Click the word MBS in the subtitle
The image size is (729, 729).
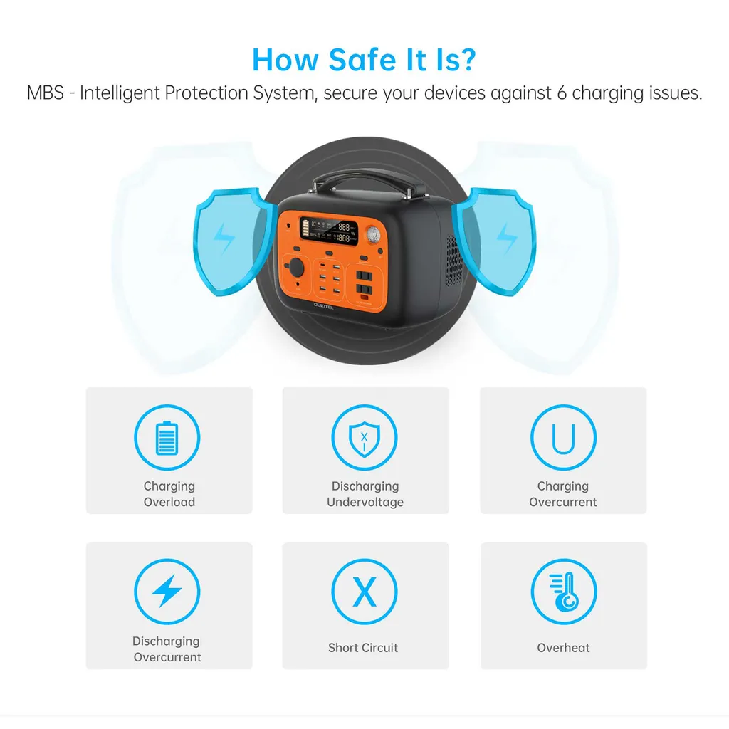tap(45, 93)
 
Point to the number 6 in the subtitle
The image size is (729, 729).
tap(562, 93)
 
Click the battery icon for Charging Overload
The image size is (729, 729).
tap(167, 438)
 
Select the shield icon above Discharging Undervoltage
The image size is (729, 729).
tap(364, 439)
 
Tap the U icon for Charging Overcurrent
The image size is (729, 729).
tap(563, 438)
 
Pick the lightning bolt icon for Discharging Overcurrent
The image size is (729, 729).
tap(167, 591)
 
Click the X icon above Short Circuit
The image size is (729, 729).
tap(364, 592)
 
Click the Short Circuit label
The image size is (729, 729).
tap(363, 648)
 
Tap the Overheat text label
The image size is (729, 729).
tap(563, 648)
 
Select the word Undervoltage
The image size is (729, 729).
tap(365, 502)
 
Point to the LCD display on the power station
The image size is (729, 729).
tap(329, 231)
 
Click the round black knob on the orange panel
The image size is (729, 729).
tap(295, 268)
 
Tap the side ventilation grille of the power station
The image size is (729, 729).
tap(453, 261)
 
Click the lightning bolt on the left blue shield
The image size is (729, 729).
tap(224, 238)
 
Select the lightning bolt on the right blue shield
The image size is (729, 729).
tap(507, 238)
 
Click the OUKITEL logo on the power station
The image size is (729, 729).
tap(324, 306)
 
